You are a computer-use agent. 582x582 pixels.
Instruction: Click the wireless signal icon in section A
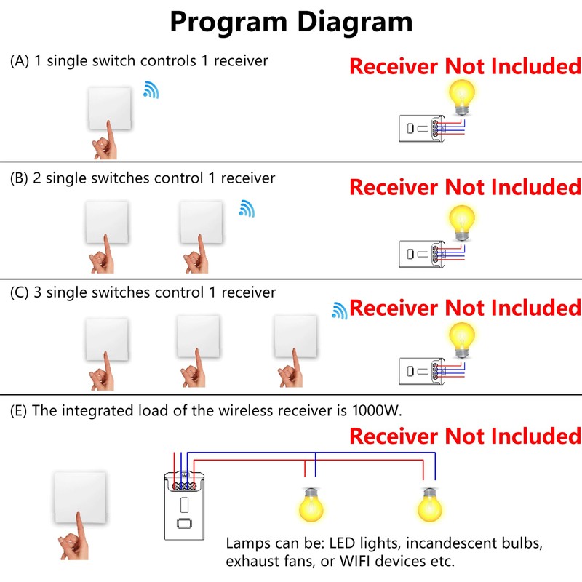(x=151, y=90)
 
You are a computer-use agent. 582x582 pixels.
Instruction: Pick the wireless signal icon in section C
(x=339, y=311)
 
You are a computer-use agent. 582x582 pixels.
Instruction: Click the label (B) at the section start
(x=20, y=178)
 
